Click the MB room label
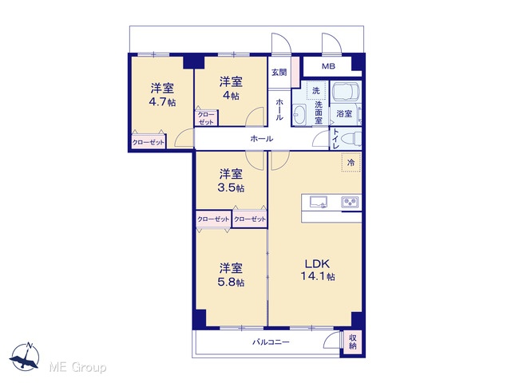click(328, 66)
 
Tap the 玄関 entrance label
click(279, 73)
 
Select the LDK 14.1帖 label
click(318, 270)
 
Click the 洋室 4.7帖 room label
click(162, 95)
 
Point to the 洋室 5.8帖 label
click(231, 274)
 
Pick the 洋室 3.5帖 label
click(231, 180)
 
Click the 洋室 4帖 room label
click(231, 88)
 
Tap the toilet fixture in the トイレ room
click(351, 139)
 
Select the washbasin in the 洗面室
click(299, 114)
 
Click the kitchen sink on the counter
click(319, 202)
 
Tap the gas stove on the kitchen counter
click(350, 202)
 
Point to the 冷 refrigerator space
click(351, 162)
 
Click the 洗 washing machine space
click(316, 90)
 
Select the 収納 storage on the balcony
click(352, 342)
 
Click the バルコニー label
click(271, 342)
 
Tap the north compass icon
click(25, 357)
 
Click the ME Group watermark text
click(77, 368)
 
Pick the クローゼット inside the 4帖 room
click(206, 118)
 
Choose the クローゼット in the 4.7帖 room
click(149, 142)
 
